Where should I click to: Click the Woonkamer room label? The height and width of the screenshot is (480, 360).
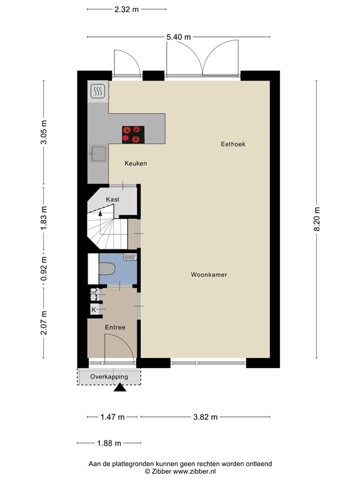pos(209,275)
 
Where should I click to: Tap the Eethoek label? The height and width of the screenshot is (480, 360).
pos(233,144)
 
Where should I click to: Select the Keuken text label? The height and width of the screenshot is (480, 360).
pos(136,163)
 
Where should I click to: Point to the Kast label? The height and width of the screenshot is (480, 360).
pos(112,199)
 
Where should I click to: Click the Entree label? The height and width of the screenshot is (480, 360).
pos(114,327)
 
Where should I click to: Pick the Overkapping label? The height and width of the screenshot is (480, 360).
pos(109,377)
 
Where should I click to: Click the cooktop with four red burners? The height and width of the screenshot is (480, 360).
pos(133,134)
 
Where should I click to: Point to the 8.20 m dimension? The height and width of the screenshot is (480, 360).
pos(317,219)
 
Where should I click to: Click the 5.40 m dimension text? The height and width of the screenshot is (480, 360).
pos(178,37)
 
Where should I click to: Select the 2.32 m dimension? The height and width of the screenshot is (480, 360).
pos(126,10)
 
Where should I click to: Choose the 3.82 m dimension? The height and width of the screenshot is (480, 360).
pos(205,417)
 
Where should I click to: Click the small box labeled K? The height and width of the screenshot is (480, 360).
pos(94,309)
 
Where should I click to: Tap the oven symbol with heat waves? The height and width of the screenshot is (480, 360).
pos(98,92)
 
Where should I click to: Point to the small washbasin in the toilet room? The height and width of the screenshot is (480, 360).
pos(130,256)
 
